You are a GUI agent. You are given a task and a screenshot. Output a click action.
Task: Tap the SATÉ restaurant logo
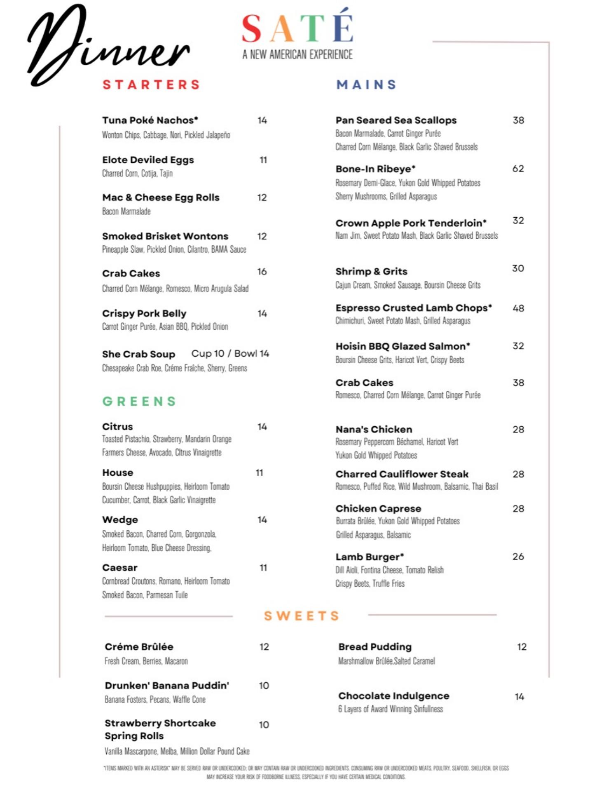(297, 28)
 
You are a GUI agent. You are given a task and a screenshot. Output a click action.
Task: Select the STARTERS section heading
(151, 85)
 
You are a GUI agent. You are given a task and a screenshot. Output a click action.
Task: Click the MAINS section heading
(366, 85)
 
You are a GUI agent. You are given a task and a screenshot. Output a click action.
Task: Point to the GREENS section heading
(139, 401)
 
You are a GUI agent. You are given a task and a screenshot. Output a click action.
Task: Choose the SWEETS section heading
(302, 616)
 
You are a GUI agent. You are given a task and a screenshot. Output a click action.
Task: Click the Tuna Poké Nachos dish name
(150, 120)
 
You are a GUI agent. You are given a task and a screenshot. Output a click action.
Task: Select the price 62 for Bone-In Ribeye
(518, 169)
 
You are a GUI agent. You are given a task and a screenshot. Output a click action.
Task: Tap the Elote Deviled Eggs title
(148, 160)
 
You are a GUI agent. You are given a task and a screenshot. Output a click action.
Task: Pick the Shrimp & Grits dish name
(371, 271)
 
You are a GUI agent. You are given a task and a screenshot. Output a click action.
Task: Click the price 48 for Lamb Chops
(518, 308)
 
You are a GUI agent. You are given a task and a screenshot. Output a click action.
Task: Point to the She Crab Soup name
(138, 354)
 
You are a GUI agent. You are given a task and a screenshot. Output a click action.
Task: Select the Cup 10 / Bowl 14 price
(230, 354)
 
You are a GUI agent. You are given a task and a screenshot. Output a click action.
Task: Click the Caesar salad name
(120, 568)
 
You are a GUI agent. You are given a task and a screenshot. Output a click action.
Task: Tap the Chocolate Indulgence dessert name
(393, 696)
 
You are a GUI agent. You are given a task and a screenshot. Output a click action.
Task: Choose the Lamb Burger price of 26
(518, 557)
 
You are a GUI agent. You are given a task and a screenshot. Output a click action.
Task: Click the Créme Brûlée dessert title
(139, 646)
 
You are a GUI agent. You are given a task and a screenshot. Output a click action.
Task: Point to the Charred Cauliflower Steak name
(402, 474)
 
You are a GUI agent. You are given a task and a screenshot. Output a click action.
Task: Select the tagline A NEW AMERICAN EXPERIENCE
(297, 54)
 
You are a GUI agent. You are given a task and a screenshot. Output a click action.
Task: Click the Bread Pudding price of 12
(522, 647)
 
